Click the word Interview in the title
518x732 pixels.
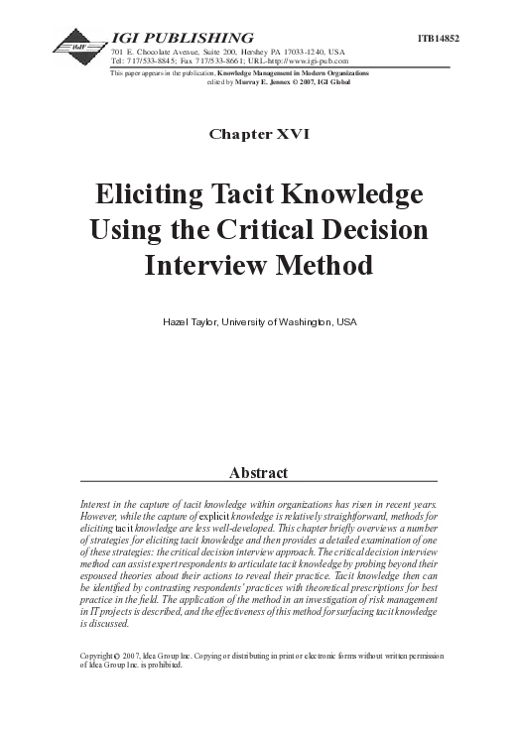203,266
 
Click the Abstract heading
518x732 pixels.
258,472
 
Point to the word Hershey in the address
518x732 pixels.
261,51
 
